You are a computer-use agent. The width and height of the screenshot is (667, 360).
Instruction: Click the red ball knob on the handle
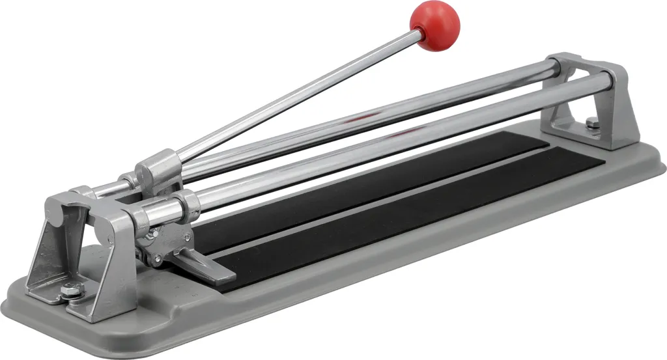tap(434, 25)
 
